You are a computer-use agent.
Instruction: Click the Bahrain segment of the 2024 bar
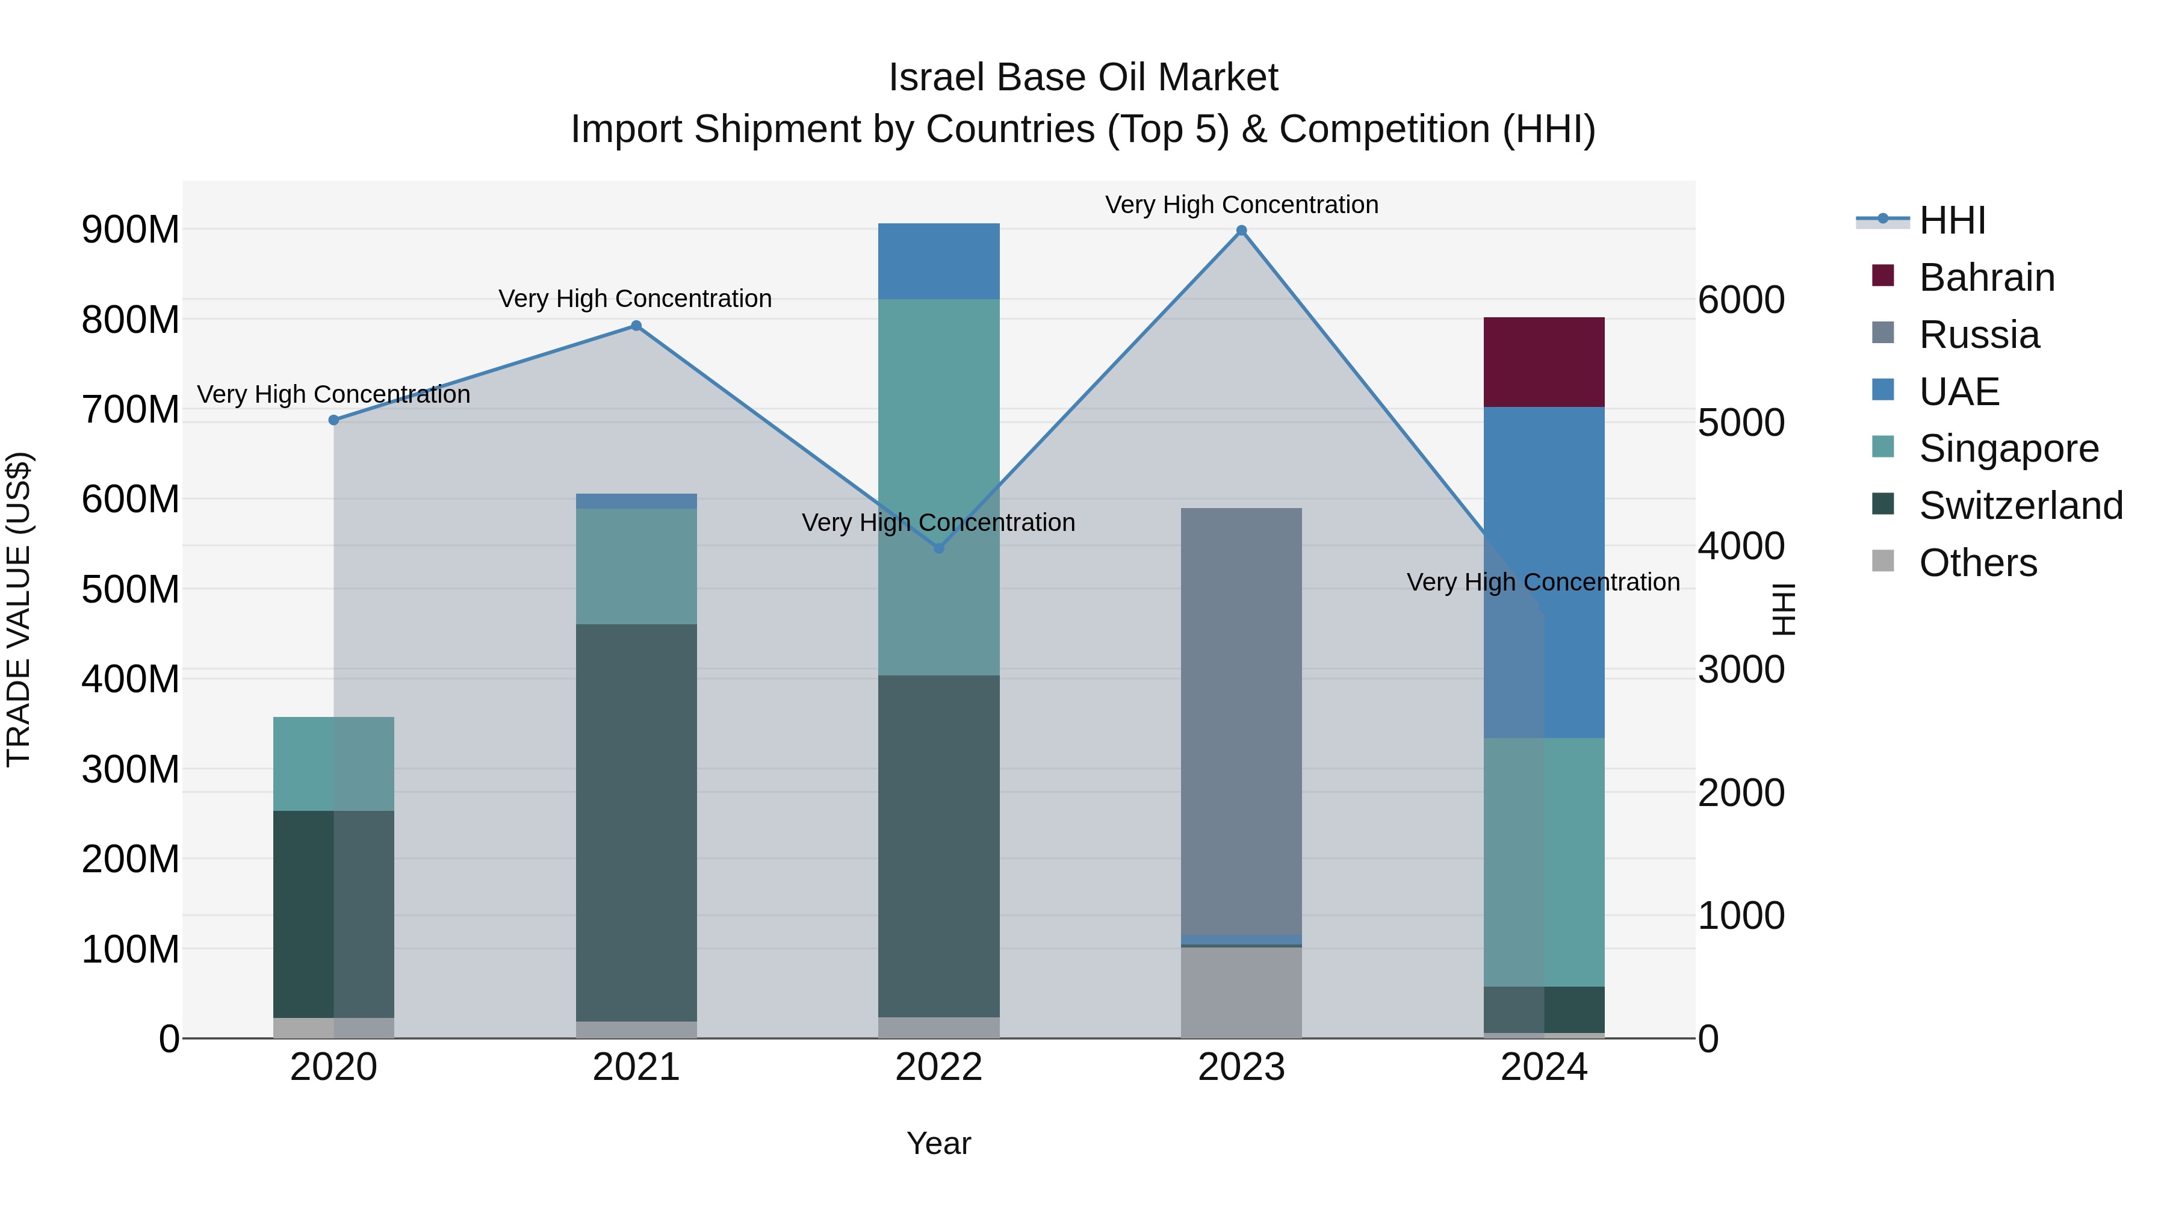pyautogui.click(x=1543, y=362)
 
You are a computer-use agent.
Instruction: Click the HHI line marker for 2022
pyautogui.click(x=939, y=548)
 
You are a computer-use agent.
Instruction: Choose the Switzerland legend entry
pyautogui.click(x=2019, y=506)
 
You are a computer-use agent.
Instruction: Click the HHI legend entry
pyautogui.click(x=1952, y=220)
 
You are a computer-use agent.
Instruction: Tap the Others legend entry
pyautogui.click(x=1977, y=563)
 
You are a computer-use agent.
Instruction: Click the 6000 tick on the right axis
pyautogui.click(x=1740, y=300)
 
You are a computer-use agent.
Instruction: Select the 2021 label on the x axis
pyautogui.click(x=636, y=1067)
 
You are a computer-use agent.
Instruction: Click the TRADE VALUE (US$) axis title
pyautogui.click(x=19, y=609)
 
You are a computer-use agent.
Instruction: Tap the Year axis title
pyautogui.click(x=939, y=1143)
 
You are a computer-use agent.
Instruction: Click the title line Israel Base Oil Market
pyautogui.click(x=1083, y=78)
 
